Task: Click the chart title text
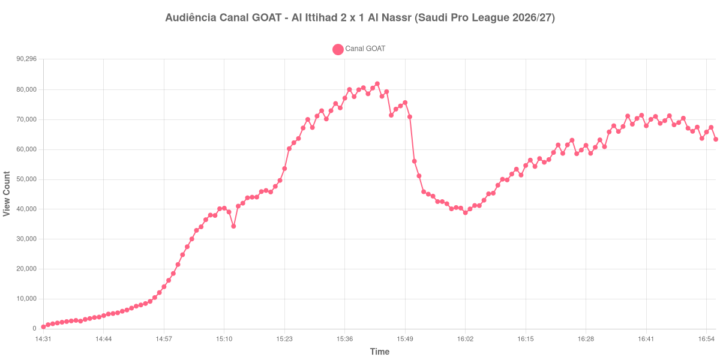point(360,17)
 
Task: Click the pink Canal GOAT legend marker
point(338,49)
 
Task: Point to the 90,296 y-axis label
point(26,59)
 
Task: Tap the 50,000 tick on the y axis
point(26,179)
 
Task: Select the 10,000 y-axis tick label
point(26,299)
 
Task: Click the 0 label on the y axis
point(34,329)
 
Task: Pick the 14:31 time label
point(43,339)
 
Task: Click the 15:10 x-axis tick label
point(224,339)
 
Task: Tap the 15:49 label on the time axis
point(405,339)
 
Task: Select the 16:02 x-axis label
point(465,339)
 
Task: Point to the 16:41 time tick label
point(646,339)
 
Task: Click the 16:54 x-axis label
point(706,339)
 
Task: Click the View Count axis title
point(7,194)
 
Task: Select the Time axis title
point(380,352)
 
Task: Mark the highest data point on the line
point(377,84)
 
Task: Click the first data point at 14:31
point(43,327)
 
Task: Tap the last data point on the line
point(716,139)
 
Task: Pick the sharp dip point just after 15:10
point(233,226)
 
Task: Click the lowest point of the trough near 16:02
point(466,212)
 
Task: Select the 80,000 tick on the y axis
point(26,89)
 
